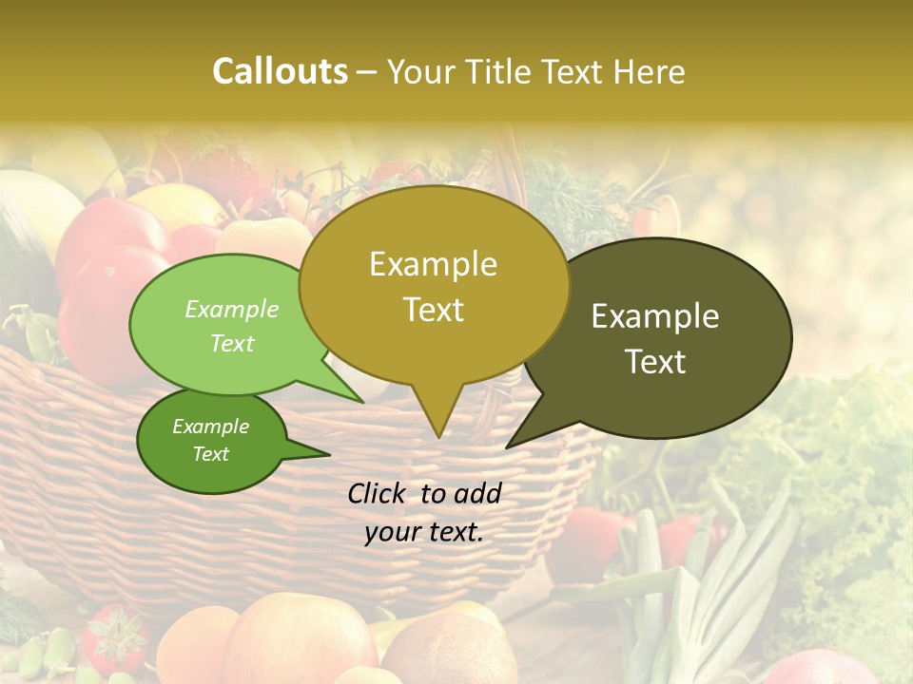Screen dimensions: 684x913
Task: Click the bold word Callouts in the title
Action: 280,71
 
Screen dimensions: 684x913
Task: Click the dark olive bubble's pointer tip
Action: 507,446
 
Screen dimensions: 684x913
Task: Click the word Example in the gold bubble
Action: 433,264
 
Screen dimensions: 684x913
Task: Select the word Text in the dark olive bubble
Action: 655,362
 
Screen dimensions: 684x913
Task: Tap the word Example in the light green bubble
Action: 232,310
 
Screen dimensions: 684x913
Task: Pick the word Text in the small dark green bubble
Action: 211,454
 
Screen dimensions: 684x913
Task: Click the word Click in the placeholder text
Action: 377,493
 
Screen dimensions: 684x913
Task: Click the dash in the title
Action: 368,72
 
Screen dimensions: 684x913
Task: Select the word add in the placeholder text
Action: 477,493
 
